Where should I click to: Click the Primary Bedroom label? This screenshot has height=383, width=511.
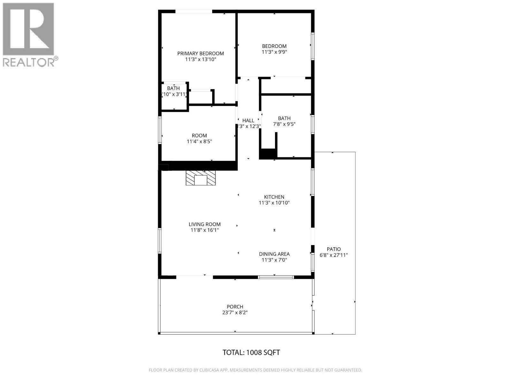coord(201,54)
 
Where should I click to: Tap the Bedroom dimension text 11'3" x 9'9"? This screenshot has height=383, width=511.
coord(274,52)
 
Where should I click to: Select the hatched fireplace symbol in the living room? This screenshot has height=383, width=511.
coord(201,178)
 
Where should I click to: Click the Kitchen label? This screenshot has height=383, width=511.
coord(274,197)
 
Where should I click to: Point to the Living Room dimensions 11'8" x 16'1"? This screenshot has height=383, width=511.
coord(204,230)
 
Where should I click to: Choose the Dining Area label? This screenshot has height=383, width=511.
coord(274,254)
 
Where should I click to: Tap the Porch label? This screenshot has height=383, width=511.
coord(235,307)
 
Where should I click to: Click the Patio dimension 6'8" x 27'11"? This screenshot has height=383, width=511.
coord(334,255)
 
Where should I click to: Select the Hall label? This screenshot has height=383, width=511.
coord(248,120)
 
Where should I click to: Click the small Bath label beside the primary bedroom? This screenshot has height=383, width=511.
coord(173,88)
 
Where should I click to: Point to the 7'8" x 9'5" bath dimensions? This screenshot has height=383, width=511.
coord(284,124)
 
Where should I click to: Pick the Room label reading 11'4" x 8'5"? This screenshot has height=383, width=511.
coord(199,136)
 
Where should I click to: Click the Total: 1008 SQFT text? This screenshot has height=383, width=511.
coord(251,352)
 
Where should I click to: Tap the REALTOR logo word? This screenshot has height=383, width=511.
coord(29,62)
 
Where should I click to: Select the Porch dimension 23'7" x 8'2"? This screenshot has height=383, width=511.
coord(235,313)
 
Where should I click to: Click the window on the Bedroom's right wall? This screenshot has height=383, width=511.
coord(313,46)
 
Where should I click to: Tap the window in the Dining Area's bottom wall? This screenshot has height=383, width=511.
coord(276,277)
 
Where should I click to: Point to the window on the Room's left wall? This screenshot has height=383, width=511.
coord(160,130)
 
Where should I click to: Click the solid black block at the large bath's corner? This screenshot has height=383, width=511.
coord(268,154)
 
